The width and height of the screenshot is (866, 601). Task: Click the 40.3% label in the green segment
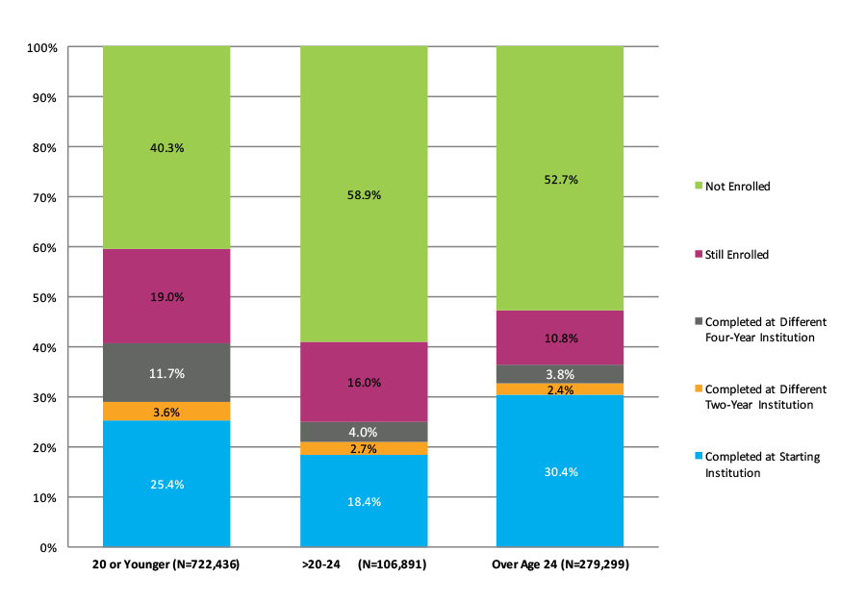166,148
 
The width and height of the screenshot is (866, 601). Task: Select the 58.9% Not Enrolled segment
363,194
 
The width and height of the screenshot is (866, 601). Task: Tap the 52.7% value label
559,179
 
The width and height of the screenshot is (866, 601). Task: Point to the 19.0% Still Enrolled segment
166,297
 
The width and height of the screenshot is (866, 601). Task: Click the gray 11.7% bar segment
166,373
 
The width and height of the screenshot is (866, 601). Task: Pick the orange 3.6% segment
166,412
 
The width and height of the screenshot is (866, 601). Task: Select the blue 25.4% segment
166,484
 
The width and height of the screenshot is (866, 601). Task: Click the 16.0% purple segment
363,382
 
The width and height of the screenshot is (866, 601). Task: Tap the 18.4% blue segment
363,501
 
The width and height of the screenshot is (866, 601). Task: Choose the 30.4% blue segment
559,471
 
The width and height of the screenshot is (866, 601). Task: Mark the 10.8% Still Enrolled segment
559,338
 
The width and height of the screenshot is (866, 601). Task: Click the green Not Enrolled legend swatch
697,187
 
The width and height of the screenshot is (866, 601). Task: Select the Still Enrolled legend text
737,255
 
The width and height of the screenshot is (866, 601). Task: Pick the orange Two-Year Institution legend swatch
697,389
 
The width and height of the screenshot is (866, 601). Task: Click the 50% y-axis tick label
44,297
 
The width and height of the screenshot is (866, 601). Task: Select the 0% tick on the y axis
48,547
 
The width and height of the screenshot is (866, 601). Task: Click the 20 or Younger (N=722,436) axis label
166,564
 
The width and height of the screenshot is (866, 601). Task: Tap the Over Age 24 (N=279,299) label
560,564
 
